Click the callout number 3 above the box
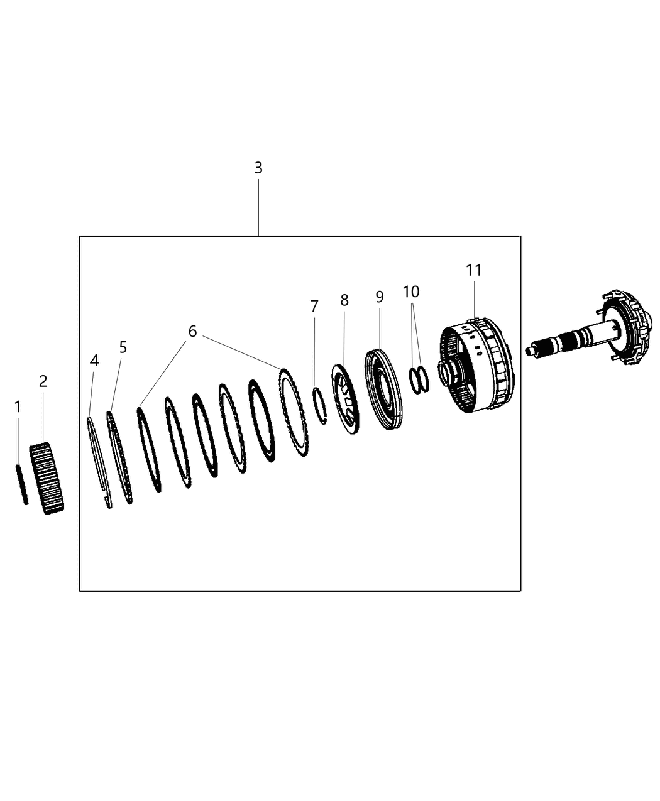coord(258,168)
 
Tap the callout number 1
coord(18,407)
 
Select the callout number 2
coord(43,381)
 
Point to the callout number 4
coord(94,361)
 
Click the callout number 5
coord(123,347)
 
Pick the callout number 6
coord(192,331)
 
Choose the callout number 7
coord(314,307)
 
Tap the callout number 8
coord(344,300)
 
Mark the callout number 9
coord(380,297)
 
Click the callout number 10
coord(411,292)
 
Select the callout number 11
coord(474,270)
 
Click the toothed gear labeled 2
coord(48,478)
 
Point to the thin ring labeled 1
coord(21,484)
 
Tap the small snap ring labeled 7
coord(320,406)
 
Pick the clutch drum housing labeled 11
coord(478,368)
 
